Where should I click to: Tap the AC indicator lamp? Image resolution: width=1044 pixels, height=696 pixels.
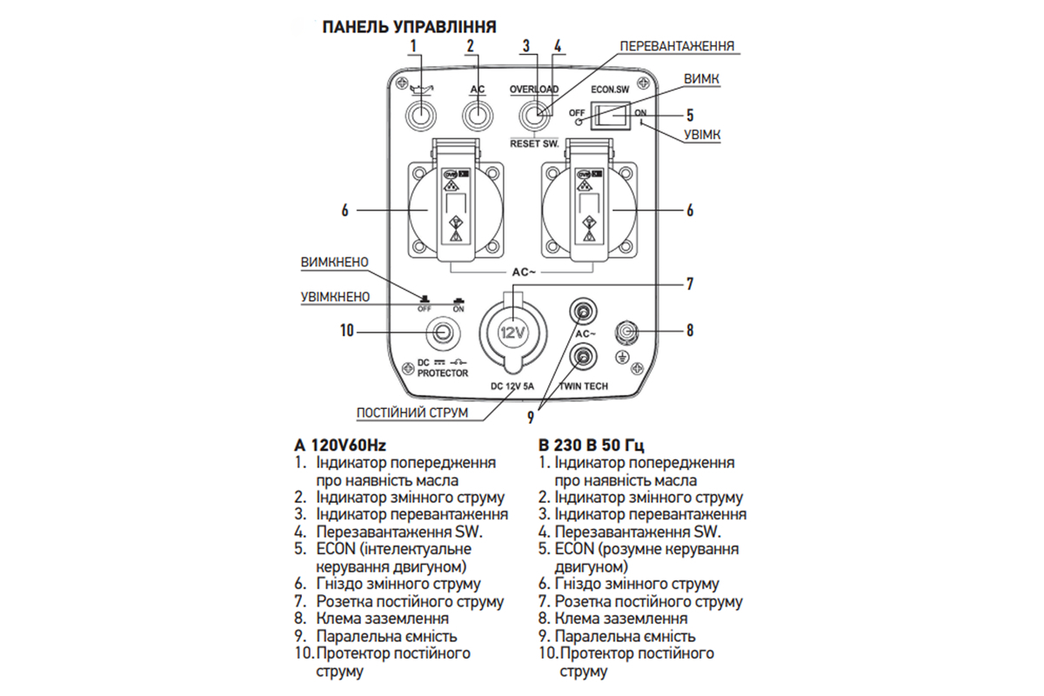click(478, 114)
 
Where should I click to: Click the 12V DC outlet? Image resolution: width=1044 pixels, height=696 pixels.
click(512, 333)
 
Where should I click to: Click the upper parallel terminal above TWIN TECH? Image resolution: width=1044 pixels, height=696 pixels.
click(580, 309)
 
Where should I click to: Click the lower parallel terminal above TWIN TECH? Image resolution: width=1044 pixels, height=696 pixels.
click(580, 356)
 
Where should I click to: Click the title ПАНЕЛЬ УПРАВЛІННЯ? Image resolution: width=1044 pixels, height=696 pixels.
click(409, 27)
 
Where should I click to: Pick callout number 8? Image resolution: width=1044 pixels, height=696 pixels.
click(689, 331)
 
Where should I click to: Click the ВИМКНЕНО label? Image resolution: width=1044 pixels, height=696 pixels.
click(335, 263)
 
